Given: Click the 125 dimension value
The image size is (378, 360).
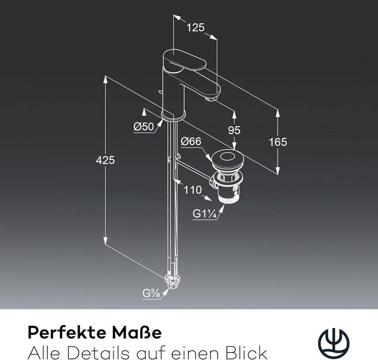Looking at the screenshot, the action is (x=195, y=27).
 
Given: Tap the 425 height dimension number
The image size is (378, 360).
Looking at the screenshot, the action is (x=106, y=160).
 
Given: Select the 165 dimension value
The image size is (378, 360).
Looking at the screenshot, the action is (x=278, y=142).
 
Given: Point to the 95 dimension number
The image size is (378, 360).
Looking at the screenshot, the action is (x=234, y=130).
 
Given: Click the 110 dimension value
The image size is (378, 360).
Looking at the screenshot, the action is (x=193, y=190).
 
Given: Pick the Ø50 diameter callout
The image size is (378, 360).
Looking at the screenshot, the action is (x=144, y=127).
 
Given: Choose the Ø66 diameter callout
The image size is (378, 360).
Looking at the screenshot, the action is (x=191, y=141).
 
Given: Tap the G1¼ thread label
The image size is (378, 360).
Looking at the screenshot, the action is (x=204, y=213).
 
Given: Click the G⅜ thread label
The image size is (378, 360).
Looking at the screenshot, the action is (x=151, y=293).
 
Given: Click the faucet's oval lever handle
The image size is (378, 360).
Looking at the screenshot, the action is (x=185, y=60).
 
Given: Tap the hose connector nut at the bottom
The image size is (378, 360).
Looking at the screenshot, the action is (x=173, y=281).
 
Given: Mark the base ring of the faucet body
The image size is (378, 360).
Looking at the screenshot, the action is (x=174, y=115).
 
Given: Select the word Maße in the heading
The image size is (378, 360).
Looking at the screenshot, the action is (x=137, y=333).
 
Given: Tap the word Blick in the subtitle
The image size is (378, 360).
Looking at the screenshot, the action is (x=246, y=353).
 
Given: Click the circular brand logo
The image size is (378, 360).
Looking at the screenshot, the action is (x=334, y=344).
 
